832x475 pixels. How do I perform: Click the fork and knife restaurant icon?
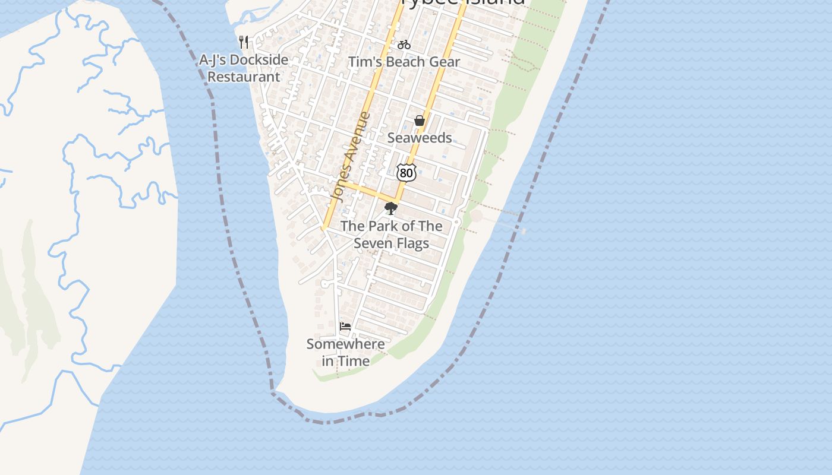click(244, 42)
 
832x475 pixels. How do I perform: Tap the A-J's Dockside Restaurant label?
click(244, 68)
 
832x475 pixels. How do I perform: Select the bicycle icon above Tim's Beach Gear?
click(404, 45)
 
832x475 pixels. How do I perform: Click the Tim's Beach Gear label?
click(404, 62)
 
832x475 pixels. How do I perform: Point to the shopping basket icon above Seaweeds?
click(420, 121)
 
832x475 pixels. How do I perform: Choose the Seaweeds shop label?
click(420, 138)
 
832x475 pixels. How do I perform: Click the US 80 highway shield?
click(406, 173)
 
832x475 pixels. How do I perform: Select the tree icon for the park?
click(390, 208)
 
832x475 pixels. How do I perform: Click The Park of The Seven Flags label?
click(391, 235)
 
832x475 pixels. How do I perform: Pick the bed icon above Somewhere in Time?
click(345, 327)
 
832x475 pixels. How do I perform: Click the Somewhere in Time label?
click(345, 352)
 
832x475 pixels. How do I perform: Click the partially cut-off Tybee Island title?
click(464, 2)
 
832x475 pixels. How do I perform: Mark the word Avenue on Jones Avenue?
click(357, 140)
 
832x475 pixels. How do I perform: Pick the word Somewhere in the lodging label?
click(345, 344)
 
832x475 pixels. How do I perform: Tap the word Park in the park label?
click(383, 226)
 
